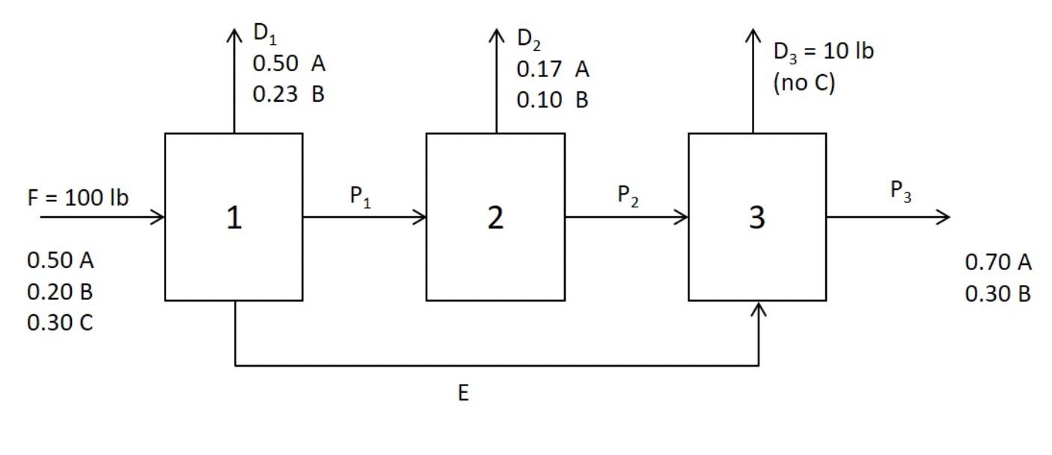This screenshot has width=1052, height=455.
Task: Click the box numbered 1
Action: tap(233, 217)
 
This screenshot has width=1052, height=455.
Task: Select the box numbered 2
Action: tap(495, 217)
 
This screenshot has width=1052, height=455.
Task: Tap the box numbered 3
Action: tap(757, 217)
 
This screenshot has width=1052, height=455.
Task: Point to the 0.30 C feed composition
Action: tap(60, 323)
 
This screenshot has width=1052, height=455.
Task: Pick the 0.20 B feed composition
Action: tap(60, 292)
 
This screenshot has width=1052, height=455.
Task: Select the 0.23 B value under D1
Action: tap(289, 96)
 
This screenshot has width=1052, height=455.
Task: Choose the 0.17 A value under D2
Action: tap(553, 70)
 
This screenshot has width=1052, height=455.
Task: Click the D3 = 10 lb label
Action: tap(823, 52)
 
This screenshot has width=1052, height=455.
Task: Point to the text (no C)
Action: tap(804, 82)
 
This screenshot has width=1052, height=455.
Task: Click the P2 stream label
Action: tap(628, 197)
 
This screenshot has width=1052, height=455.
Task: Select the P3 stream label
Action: tap(901, 192)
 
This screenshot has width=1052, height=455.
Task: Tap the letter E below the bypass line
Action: tap(464, 394)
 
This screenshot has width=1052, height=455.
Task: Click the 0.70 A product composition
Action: tap(998, 263)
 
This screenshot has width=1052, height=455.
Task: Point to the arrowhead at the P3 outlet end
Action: tap(944, 217)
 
